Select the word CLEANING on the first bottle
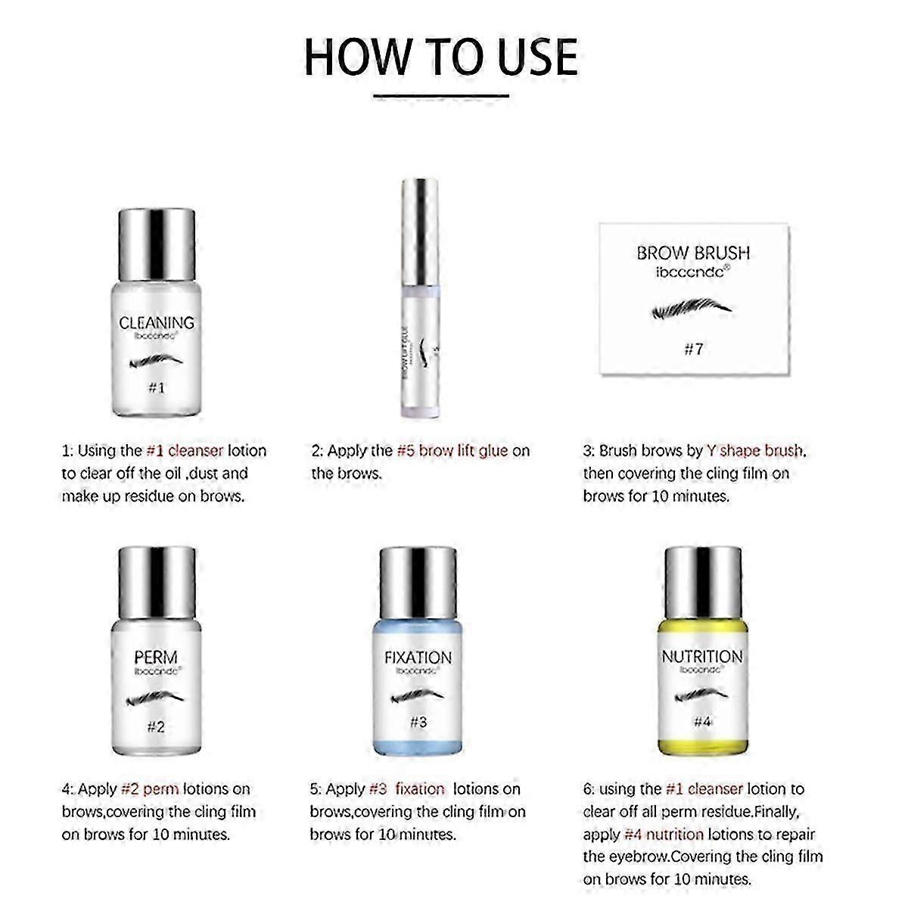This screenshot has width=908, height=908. pyautogui.click(x=157, y=323)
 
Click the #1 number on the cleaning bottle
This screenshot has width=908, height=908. pyautogui.click(x=156, y=387)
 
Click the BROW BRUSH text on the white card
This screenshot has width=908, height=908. pyautogui.click(x=693, y=253)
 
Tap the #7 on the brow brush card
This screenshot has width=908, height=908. pyautogui.click(x=693, y=349)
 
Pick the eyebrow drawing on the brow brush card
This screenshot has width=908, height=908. pyautogui.click(x=693, y=309)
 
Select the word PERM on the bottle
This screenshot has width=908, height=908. pyautogui.click(x=156, y=658)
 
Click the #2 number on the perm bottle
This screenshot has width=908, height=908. pyautogui.click(x=155, y=727)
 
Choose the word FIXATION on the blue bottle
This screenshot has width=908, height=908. pyautogui.click(x=418, y=658)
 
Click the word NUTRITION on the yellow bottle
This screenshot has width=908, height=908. pyautogui.click(x=702, y=656)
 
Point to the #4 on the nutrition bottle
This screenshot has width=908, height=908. pyautogui.click(x=702, y=722)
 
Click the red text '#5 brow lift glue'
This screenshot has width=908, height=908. pyautogui.click(x=452, y=451)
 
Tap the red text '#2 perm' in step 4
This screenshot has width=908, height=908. pyautogui.click(x=150, y=789)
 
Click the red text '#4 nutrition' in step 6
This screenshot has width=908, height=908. pyautogui.click(x=664, y=835)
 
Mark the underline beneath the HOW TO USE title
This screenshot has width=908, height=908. pyautogui.click(x=441, y=96)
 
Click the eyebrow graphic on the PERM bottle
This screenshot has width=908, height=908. pyautogui.click(x=156, y=697)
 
